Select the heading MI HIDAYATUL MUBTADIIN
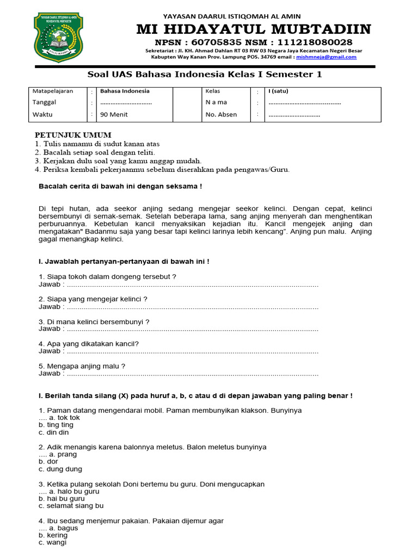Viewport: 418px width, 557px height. click(254, 29)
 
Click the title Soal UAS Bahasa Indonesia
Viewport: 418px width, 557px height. click(205, 74)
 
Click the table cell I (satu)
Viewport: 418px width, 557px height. click(279, 91)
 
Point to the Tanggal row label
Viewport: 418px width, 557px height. click(44, 102)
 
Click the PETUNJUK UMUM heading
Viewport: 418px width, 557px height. click(73, 135)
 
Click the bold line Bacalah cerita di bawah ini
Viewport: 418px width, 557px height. click(120, 187)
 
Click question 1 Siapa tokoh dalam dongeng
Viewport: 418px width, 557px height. click(107, 277)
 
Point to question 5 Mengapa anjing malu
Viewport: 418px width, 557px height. click(82, 366)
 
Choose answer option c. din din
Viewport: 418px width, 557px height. click(54, 432)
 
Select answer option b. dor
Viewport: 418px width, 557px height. click(48, 462)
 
